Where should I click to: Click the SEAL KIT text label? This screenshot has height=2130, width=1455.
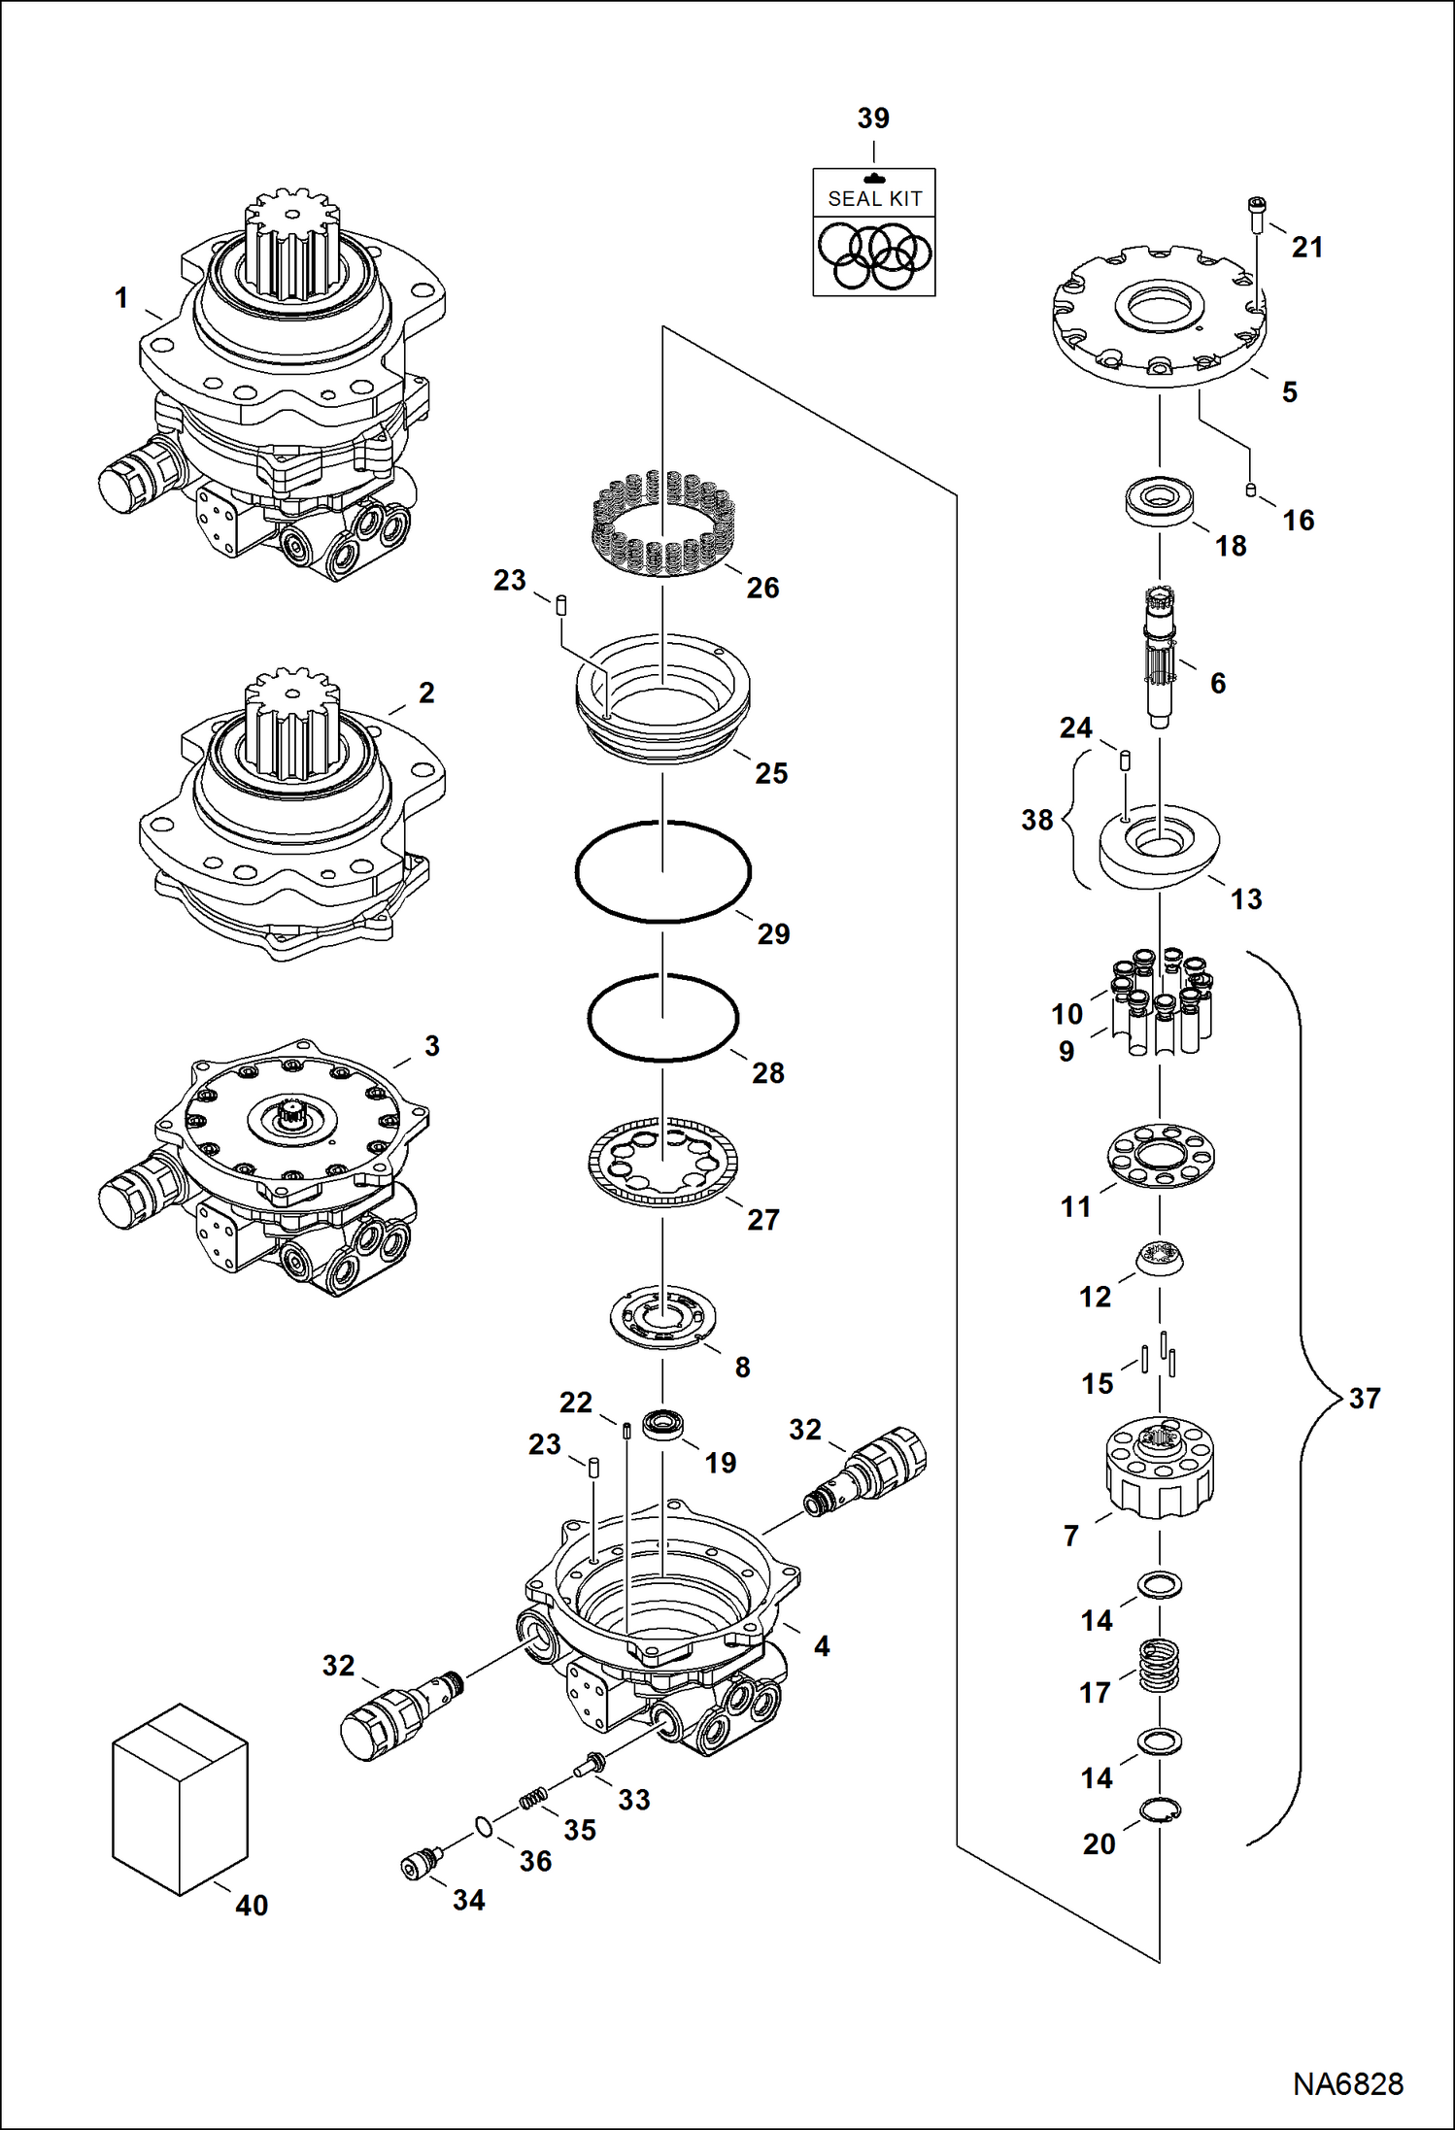tap(874, 199)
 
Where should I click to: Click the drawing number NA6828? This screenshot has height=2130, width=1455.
tap(1347, 2083)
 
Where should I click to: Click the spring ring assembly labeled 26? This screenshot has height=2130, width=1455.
tap(662, 523)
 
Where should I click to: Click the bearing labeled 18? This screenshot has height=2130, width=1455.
tap(1159, 501)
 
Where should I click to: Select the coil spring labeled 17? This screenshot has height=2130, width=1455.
tap(1159, 1665)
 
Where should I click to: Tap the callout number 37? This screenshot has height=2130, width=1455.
tap(1364, 1399)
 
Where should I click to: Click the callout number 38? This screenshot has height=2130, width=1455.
tap(1036, 820)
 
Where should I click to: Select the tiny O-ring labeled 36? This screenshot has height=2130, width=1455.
tap(484, 1827)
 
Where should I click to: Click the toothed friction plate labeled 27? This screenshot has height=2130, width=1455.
tap(662, 1162)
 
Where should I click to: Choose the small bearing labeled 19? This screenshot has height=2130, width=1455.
tap(662, 1424)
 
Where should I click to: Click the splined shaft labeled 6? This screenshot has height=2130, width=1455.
tap(1160, 657)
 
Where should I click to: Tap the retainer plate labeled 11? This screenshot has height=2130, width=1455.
tap(1160, 1156)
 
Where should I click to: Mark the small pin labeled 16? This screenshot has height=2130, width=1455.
tap(1250, 490)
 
